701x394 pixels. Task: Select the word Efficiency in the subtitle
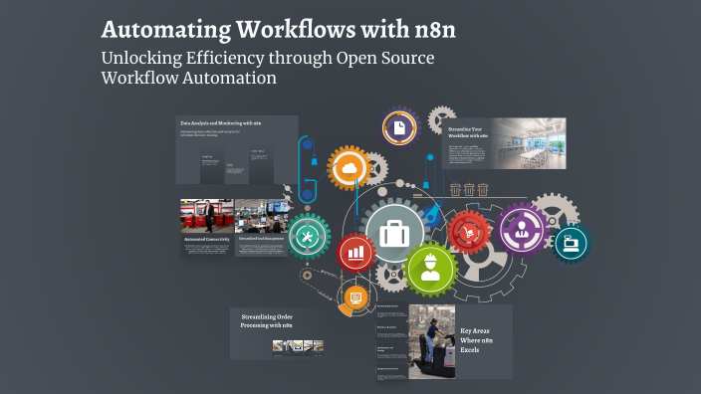[233, 58]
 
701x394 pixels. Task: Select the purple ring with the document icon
[398, 129]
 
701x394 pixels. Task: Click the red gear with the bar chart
[355, 253]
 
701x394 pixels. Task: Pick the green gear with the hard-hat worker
[432, 268]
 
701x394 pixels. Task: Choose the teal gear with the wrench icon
[307, 236]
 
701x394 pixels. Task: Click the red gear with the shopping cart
[467, 232]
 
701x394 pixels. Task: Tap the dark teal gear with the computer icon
[572, 241]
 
